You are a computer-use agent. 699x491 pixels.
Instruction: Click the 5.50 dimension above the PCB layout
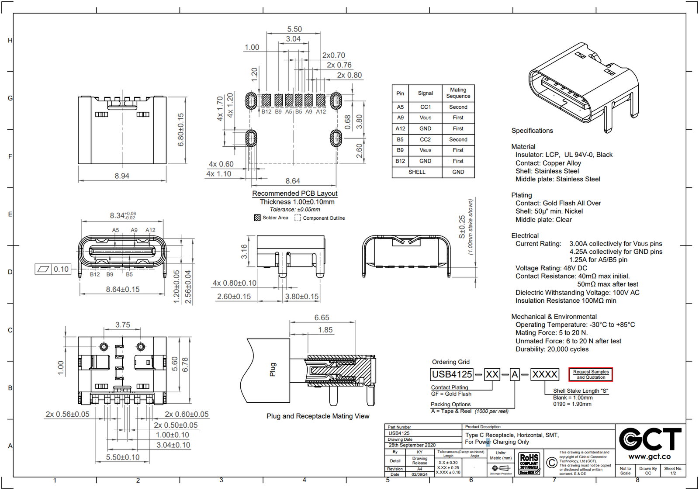294,29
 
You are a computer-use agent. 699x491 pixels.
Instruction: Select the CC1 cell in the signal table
425,107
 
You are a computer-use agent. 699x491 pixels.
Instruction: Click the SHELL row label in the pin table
417,172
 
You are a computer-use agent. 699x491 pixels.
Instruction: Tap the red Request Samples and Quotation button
591,374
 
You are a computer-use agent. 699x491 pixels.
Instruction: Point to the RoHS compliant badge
529,464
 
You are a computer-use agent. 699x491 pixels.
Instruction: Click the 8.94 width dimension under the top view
122,176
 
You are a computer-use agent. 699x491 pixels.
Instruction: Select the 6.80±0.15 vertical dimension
181,130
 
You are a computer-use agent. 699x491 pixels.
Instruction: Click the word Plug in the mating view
273,370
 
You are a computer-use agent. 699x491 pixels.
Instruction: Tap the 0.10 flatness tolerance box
61,269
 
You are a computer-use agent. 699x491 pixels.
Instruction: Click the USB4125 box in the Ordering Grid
452,374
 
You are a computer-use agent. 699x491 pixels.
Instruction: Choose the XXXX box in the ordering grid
544,374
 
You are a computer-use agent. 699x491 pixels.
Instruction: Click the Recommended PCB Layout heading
294,193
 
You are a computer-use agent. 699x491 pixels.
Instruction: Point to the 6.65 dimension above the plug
322,318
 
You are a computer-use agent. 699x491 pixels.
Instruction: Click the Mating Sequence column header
458,93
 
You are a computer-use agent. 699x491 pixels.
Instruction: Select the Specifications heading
532,131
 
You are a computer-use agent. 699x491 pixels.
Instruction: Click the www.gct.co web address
649,456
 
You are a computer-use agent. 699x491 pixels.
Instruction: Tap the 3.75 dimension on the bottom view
123,325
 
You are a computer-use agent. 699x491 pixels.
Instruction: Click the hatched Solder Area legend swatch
257,218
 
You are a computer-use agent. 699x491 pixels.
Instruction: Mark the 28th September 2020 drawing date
412,445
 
